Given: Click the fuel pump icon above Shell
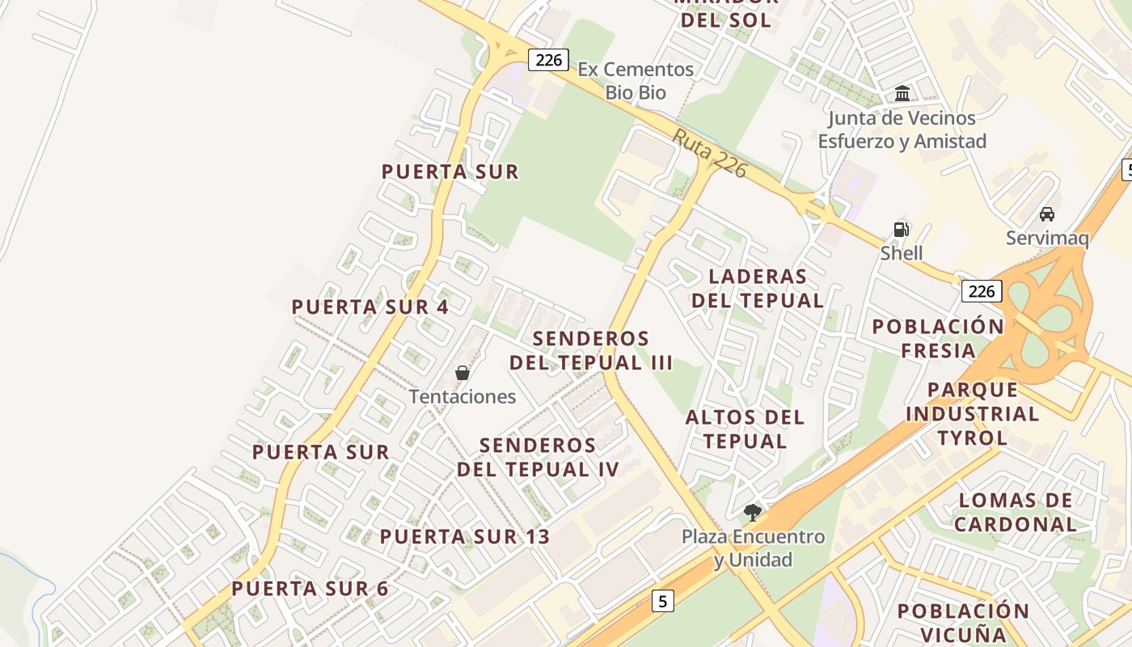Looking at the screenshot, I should (x=902, y=230).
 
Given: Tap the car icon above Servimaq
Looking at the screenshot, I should (x=1047, y=214).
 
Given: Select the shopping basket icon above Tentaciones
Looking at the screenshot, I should (x=463, y=373).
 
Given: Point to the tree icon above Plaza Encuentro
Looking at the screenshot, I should (x=753, y=512).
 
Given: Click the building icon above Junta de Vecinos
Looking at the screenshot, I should (x=902, y=94).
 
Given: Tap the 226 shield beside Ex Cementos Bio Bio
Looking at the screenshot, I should (x=548, y=60).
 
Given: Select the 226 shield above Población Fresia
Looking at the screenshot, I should (x=982, y=291).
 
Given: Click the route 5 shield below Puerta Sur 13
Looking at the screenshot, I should (x=663, y=601).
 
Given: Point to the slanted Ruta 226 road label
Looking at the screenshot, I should (x=708, y=153).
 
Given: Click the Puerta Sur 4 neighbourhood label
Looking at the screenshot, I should (x=370, y=307).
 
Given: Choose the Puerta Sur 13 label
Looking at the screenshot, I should (x=465, y=536).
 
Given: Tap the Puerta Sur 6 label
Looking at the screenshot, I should (x=310, y=589).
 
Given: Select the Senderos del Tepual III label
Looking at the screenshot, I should (x=591, y=350).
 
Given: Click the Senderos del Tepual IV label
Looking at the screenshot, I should (x=539, y=457).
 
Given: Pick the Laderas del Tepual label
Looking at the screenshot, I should (x=758, y=288).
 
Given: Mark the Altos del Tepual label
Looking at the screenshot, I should (x=745, y=429).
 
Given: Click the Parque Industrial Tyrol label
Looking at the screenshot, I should (x=972, y=414).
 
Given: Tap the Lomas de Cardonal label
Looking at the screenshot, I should (x=1016, y=512).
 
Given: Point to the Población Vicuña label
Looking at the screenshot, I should (x=963, y=622).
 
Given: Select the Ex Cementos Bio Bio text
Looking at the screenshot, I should (x=636, y=81).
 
